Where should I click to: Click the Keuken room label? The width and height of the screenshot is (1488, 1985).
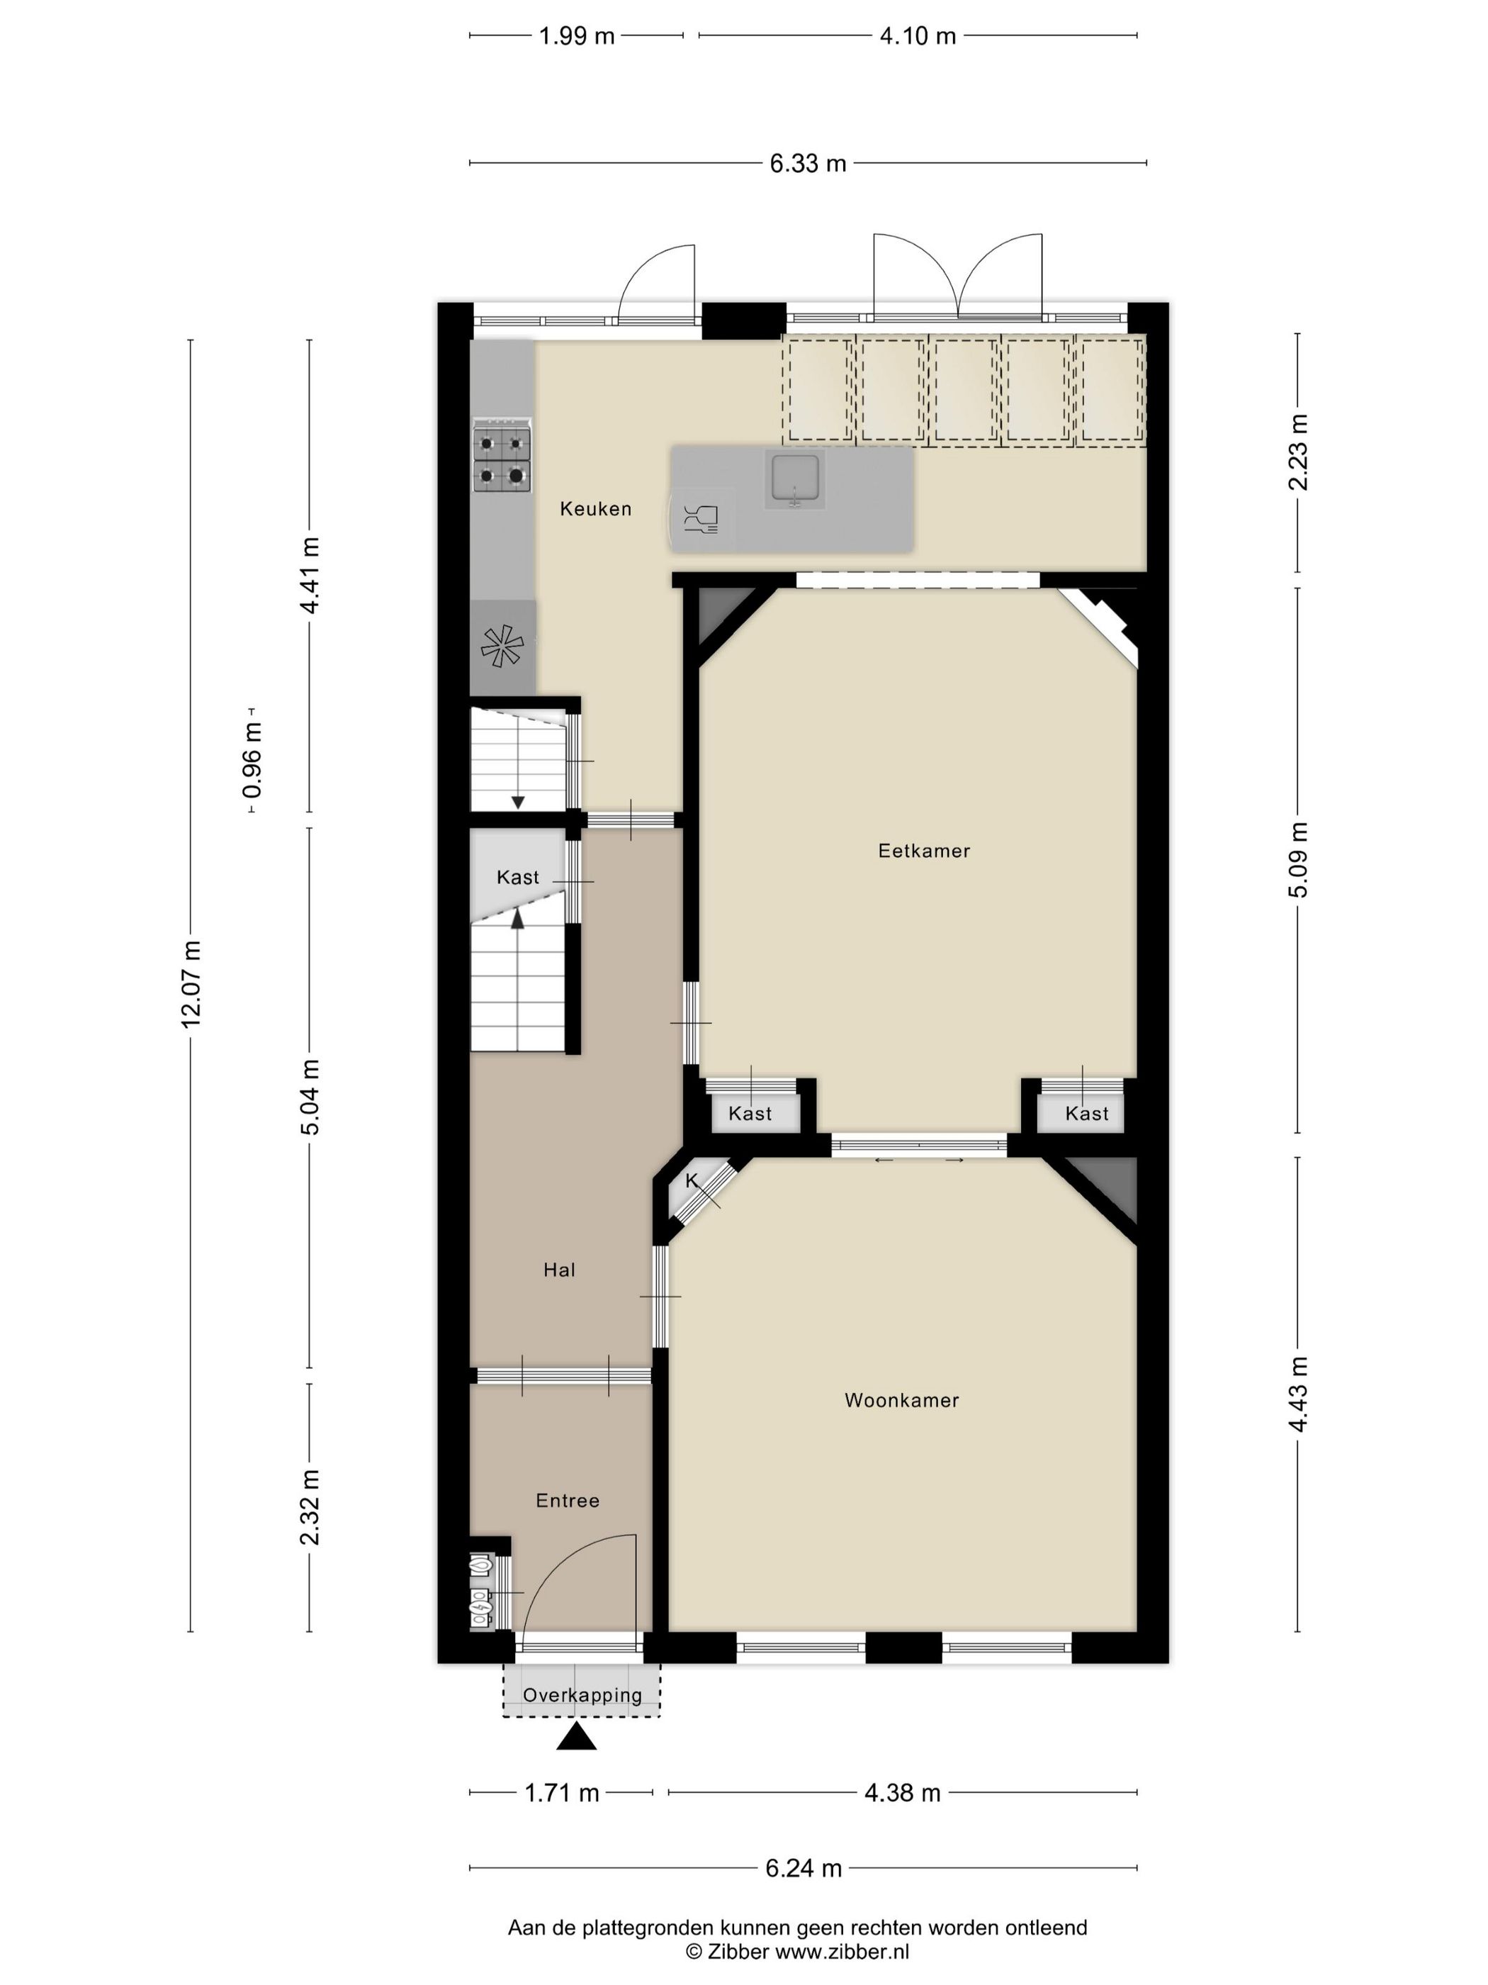click(596, 509)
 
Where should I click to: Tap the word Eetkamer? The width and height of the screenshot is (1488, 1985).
click(924, 850)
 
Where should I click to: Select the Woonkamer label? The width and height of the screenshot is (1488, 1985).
click(901, 1400)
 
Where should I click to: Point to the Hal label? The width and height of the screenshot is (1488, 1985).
click(559, 1270)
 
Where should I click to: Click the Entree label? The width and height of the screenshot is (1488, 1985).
click(567, 1500)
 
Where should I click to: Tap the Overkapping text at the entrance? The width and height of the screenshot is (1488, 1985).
click(582, 1695)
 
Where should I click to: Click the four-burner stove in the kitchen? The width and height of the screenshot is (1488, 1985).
click(502, 455)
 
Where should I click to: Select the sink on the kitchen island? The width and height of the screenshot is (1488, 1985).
click(793, 480)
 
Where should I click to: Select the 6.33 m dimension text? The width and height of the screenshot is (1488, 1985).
click(808, 163)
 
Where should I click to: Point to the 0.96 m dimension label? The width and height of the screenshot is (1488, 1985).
click(253, 760)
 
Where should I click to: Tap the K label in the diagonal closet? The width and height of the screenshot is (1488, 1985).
click(692, 1181)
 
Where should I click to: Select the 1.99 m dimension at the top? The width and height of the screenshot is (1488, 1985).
click(577, 36)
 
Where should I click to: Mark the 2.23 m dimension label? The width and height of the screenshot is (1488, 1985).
click(1298, 452)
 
